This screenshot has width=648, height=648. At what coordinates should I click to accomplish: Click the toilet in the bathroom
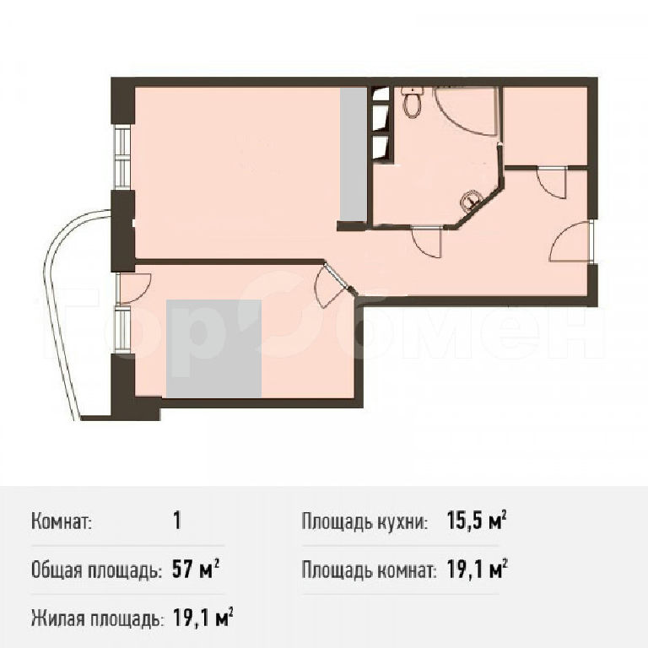tap(413, 101)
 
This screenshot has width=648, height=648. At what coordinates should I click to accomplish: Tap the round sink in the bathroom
tap(470, 200)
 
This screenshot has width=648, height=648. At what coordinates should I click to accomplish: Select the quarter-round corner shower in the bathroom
tap(466, 111)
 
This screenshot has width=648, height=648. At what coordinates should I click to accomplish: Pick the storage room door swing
tap(550, 183)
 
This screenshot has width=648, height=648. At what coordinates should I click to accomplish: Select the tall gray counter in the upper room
tap(354, 154)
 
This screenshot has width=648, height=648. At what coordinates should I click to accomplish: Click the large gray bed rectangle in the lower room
tap(214, 348)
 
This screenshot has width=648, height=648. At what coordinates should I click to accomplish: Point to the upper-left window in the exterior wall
tap(122, 157)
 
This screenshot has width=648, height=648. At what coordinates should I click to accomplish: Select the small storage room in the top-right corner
tap(546, 126)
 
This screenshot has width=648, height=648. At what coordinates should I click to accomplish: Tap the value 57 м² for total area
tap(195, 570)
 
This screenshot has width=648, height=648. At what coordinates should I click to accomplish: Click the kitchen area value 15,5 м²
tap(477, 521)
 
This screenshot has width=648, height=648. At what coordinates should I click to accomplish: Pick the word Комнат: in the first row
tap(62, 521)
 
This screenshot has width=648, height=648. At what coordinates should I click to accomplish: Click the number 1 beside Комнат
tap(177, 521)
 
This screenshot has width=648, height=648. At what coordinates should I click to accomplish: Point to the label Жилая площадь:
tap(96, 618)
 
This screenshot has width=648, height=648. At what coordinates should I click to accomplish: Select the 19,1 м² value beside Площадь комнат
tap(477, 570)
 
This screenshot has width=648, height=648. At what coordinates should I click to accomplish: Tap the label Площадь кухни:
tap(364, 521)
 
